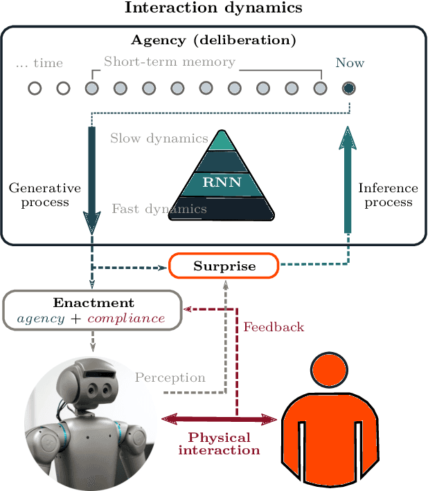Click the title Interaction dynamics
(x=213, y=8)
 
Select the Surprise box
(x=224, y=266)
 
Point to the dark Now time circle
(x=349, y=88)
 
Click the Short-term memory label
(x=170, y=62)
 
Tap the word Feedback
(x=274, y=327)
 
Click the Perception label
(x=170, y=378)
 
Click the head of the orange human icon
(x=330, y=370)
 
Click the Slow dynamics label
(x=159, y=139)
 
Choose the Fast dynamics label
(x=159, y=207)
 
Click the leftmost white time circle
(x=35, y=88)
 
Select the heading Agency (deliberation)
(x=213, y=40)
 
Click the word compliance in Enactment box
(x=126, y=318)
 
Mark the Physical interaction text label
(x=219, y=444)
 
